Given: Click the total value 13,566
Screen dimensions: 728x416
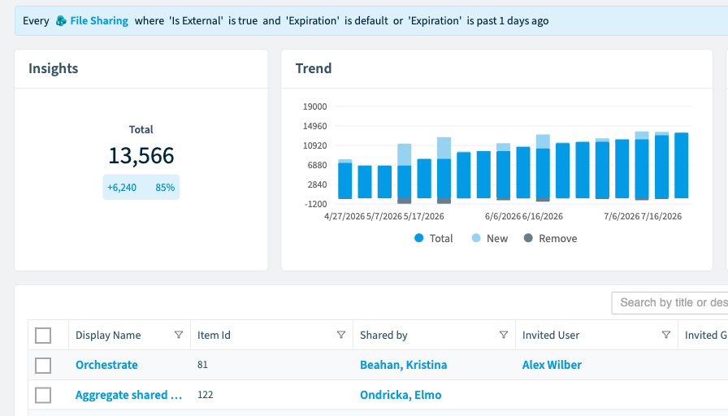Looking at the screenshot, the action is (141, 155).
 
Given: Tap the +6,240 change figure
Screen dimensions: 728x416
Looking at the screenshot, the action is (122, 188).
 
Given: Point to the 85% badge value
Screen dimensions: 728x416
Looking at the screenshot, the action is (165, 188).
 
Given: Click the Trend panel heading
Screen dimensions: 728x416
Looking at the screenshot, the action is (314, 68).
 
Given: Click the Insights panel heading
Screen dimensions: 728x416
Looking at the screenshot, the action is (54, 68).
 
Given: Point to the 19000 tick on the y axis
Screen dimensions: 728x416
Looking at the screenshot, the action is (314, 106).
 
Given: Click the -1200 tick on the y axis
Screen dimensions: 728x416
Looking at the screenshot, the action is (316, 204).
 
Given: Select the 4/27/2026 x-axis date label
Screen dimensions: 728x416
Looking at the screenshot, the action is (344, 216).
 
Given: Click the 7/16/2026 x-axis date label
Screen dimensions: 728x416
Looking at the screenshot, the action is (661, 216).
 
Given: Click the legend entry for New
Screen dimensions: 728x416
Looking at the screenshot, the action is (490, 239).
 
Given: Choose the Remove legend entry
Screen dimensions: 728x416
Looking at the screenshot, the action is (551, 239).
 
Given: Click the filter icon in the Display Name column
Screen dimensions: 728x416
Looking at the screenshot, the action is (178, 335).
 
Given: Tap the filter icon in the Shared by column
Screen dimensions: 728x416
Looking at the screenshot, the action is (503, 335).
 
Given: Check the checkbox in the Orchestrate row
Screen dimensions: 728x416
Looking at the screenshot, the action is (43, 366).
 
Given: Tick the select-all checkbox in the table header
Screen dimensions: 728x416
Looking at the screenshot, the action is (43, 336).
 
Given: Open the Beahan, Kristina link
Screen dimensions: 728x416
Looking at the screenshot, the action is (404, 365).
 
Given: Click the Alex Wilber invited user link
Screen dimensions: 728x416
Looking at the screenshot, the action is (552, 365).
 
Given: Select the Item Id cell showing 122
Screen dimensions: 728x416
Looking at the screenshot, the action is (206, 395).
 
